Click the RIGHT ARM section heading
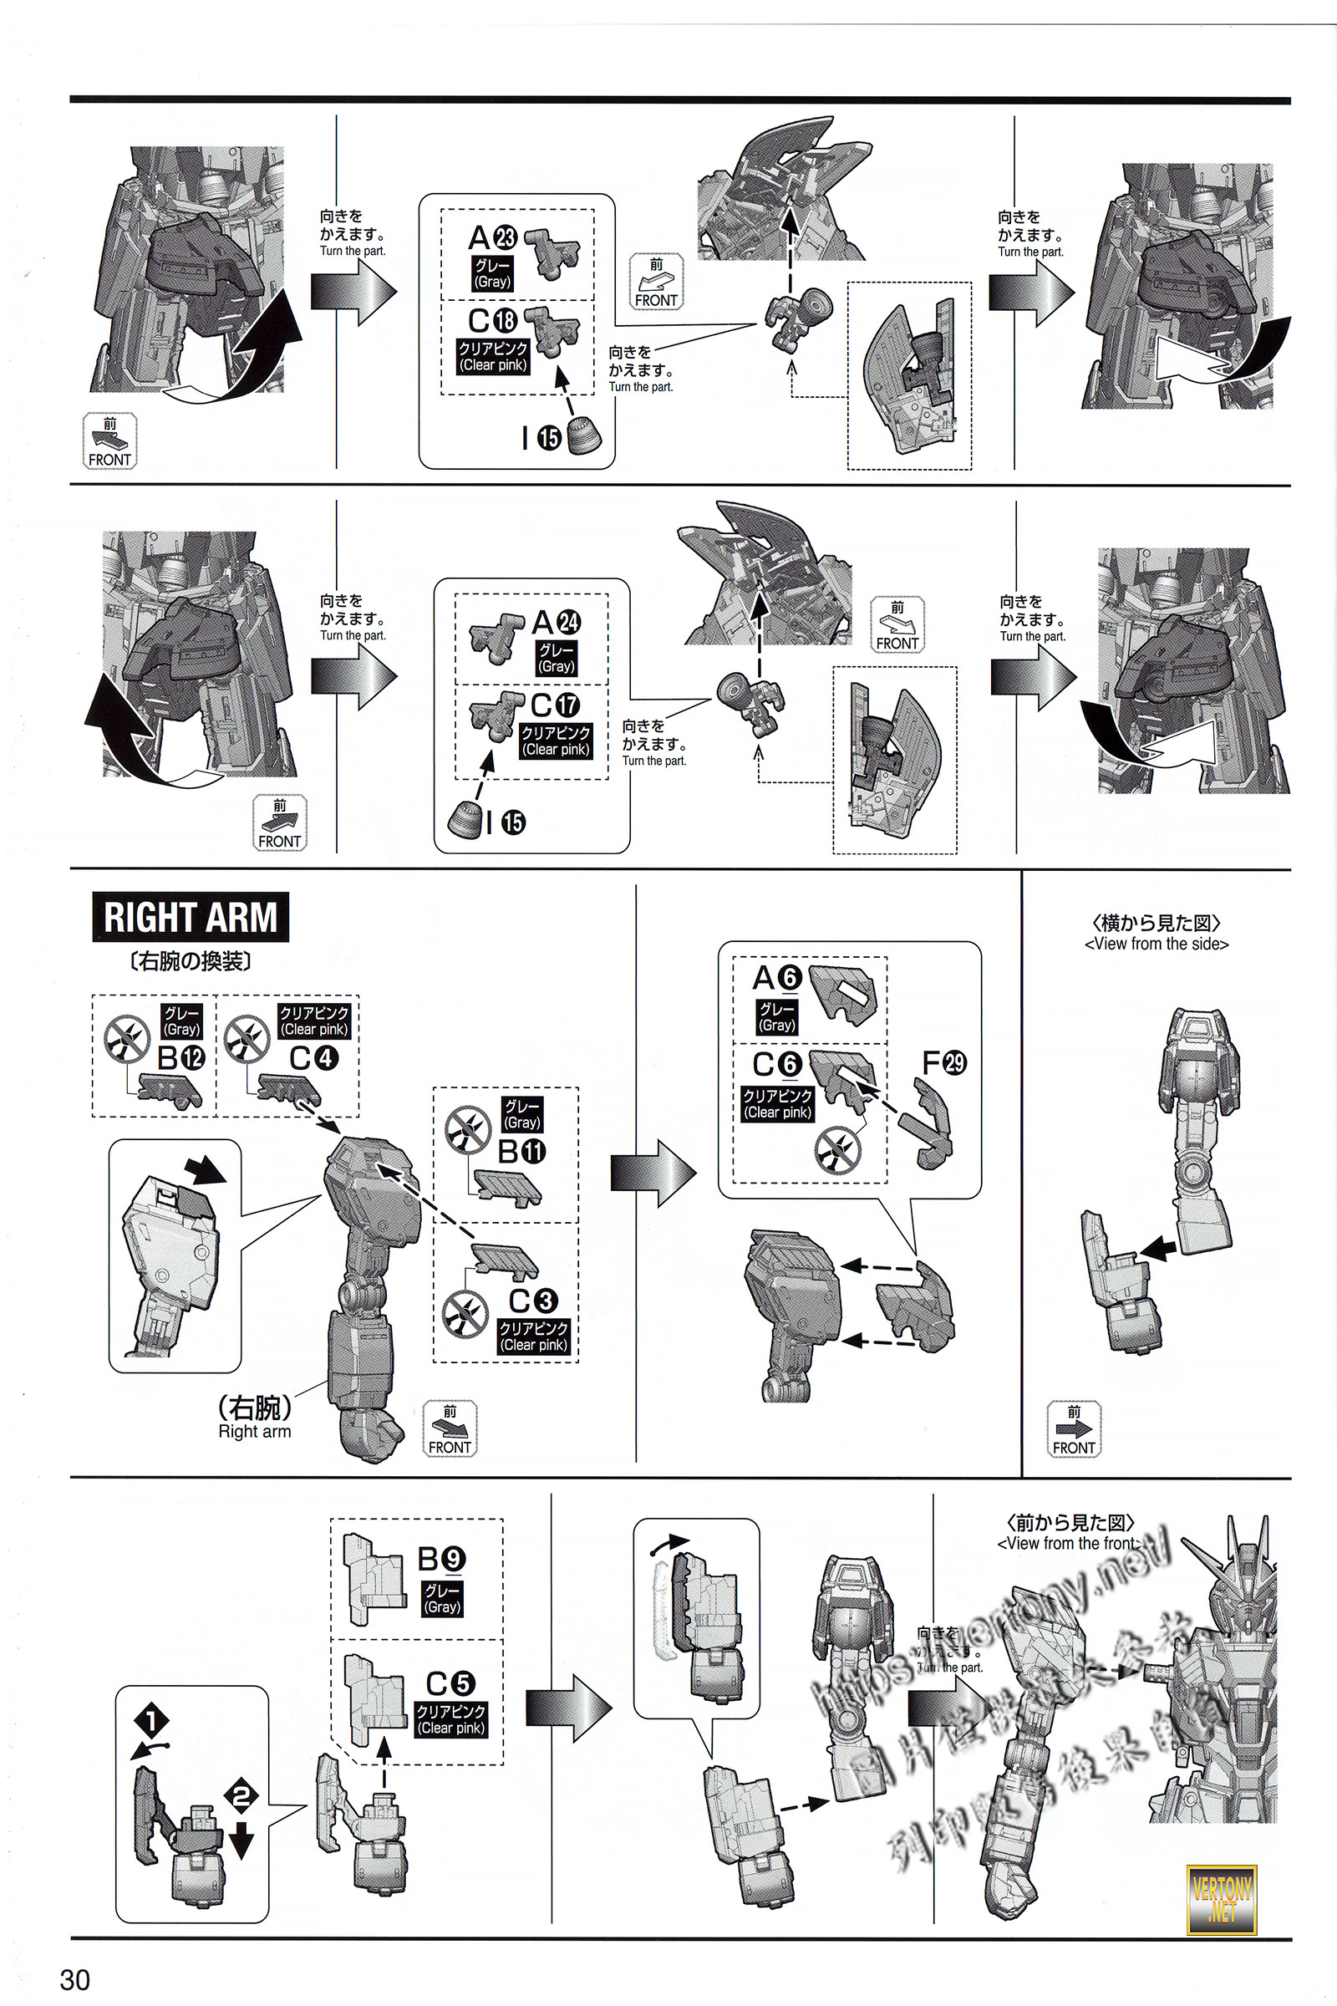[191, 917]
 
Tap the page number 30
[75, 1978]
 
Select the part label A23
[493, 238]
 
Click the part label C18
[493, 320]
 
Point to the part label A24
[556, 623]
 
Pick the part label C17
[555, 705]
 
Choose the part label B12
[180, 1057]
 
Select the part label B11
[521, 1152]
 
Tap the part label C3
[533, 1300]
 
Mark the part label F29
[944, 1062]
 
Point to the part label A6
[777, 977]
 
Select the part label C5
[450, 1683]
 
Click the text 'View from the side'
[1157, 944]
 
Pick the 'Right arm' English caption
[254, 1431]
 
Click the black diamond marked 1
[152, 1720]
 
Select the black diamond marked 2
[241, 1797]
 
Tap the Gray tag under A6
[777, 1017]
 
